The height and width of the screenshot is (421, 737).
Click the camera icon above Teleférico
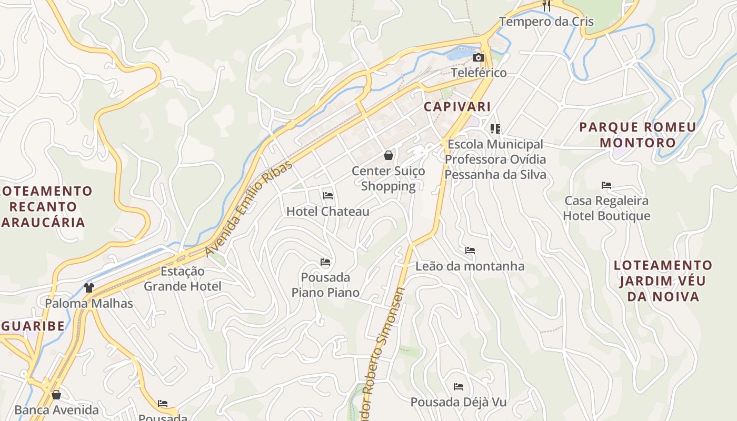478,57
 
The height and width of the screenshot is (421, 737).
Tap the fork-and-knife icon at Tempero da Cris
546,6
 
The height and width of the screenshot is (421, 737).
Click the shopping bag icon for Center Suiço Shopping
389,155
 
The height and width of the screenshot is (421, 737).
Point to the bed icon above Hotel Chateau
328,196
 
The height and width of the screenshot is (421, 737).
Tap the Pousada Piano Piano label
325,285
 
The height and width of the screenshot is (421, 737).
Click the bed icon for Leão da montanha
470,250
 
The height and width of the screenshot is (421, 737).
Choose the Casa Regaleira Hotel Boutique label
606,208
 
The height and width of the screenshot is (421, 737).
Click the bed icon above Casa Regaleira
606,185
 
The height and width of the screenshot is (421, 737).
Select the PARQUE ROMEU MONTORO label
638,135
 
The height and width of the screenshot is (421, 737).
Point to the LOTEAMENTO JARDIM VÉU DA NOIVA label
663,280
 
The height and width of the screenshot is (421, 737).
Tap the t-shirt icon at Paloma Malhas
88,288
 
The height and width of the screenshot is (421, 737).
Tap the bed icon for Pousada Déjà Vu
459,387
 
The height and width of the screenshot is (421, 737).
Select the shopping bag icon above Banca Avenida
56,395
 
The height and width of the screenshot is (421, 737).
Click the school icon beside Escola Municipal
495,128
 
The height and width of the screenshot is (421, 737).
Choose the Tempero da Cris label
546,22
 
